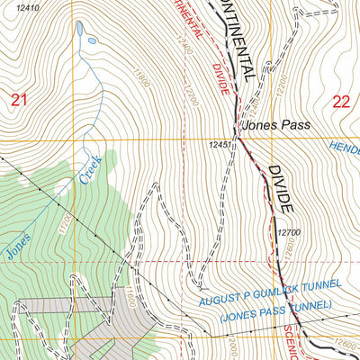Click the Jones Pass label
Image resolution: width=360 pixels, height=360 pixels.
(275, 128)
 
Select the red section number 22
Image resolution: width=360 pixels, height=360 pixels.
(339, 101)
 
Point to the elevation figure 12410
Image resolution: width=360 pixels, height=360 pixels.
(30, 8)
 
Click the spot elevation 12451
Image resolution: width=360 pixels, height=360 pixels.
(221, 145)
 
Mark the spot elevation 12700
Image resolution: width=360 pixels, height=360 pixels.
(288, 232)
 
